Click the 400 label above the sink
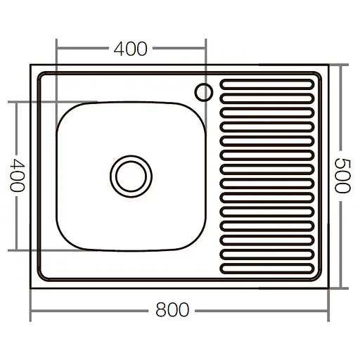click(131, 49)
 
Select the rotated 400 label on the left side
click(18, 175)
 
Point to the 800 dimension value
click(172, 310)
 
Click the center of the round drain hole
click(131, 175)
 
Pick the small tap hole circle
click(205, 91)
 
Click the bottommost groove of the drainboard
click(266, 268)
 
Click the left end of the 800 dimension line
click(31, 310)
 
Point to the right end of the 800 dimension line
click(329, 310)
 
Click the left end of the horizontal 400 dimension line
click(56, 49)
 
